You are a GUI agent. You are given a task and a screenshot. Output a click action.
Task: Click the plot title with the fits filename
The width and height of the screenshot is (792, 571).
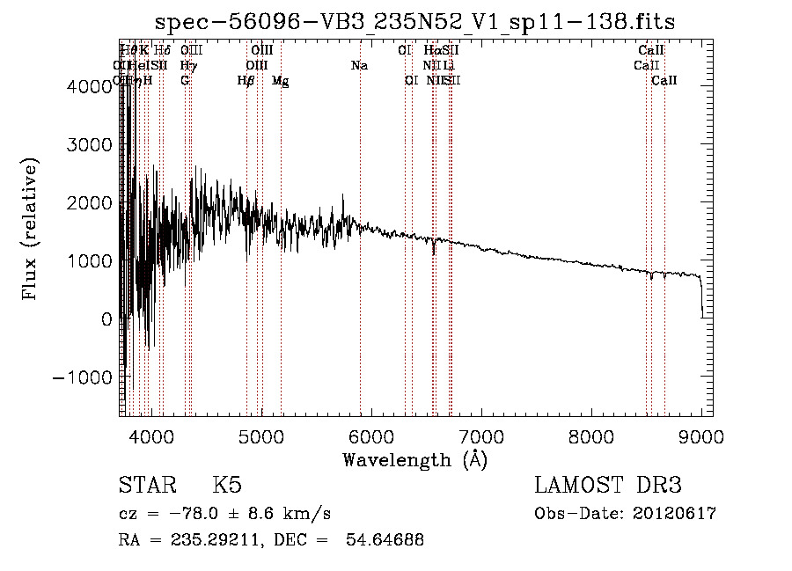pyautogui.click(x=414, y=22)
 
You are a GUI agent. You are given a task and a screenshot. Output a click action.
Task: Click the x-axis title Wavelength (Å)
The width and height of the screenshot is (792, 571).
pyautogui.click(x=414, y=459)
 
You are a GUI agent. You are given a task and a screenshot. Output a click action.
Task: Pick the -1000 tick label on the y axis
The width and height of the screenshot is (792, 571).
pyautogui.click(x=84, y=377)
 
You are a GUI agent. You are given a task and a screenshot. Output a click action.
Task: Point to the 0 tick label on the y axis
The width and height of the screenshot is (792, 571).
pyautogui.click(x=106, y=318)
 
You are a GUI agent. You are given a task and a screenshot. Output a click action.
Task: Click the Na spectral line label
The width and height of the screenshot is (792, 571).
pyautogui.click(x=359, y=65)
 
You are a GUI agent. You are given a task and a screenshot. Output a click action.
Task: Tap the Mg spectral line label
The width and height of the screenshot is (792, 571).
pyautogui.click(x=280, y=81)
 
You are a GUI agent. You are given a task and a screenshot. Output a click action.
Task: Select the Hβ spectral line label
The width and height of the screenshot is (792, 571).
pyautogui.click(x=246, y=81)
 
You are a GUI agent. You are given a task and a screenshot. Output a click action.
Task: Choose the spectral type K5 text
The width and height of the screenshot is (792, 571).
pyautogui.click(x=227, y=486)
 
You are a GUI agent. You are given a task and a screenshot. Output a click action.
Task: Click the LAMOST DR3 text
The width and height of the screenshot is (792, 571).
pyautogui.click(x=608, y=486)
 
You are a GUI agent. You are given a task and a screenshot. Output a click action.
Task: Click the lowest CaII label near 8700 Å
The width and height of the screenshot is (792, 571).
pyautogui.click(x=664, y=81)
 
